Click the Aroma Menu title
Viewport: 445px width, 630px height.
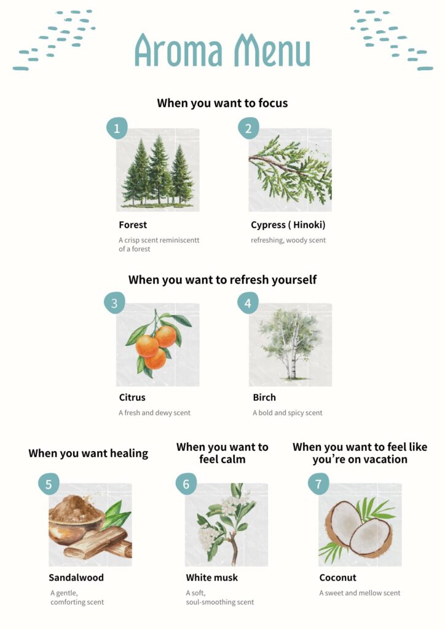click(222, 50)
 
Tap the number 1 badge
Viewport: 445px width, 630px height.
click(117, 128)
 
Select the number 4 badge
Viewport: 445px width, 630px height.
click(248, 303)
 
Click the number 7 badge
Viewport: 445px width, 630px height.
click(318, 484)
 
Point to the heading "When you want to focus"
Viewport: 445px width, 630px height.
click(222, 103)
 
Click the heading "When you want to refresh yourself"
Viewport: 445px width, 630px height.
click(222, 280)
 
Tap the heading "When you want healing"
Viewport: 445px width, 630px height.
click(89, 453)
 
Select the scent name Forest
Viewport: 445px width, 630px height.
click(133, 225)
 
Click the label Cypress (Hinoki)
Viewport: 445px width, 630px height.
click(288, 225)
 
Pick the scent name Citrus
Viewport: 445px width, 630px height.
click(132, 397)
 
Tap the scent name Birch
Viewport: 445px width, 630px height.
click(264, 397)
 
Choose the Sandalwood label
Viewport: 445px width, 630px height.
click(76, 578)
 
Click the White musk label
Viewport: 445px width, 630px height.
click(212, 578)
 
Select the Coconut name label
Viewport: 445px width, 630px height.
click(338, 578)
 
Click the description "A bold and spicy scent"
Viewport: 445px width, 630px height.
click(287, 413)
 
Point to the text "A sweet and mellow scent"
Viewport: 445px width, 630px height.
click(360, 593)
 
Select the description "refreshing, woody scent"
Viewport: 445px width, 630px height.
click(288, 241)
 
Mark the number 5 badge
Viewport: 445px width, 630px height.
click(49, 484)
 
